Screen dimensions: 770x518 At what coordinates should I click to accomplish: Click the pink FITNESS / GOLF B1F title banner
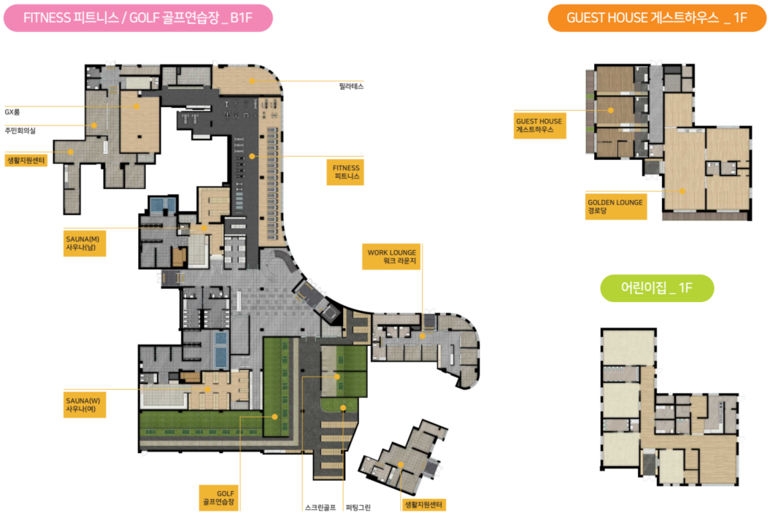point(138,18)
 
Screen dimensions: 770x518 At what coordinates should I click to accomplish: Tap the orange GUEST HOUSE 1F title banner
point(657,18)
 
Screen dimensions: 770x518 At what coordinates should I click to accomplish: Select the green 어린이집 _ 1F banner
point(657,287)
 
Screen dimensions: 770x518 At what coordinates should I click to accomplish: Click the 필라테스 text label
point(351,86)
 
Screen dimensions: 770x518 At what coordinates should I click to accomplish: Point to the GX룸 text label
point(12,112)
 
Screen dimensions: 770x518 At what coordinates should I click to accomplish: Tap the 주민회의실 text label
point(20,131)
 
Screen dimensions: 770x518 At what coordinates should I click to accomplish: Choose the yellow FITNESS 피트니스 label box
point(345,172)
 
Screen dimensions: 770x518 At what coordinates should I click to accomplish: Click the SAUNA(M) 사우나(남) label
point(85,243)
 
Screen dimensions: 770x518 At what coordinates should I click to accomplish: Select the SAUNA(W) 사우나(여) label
point(85,405)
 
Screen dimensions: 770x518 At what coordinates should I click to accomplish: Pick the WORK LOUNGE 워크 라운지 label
point(392,256)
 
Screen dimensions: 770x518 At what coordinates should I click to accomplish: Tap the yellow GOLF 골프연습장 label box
point(220,498)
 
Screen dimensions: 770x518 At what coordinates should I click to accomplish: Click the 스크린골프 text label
point(320,508)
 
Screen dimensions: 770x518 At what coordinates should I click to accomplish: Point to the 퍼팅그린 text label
point(358,508)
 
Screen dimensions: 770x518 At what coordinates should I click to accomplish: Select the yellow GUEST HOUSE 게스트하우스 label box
point(539,125)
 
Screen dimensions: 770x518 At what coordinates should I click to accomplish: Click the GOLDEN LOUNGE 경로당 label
point(616,206)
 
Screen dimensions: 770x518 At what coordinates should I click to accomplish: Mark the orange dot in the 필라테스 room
point(252,81)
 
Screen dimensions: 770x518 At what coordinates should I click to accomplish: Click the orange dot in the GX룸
point(136,106)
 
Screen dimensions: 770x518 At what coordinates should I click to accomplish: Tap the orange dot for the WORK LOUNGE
point(423,336)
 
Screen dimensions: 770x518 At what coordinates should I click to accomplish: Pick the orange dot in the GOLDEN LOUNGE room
point(682,191)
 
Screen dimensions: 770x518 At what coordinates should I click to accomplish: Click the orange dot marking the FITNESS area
point(252,156)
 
